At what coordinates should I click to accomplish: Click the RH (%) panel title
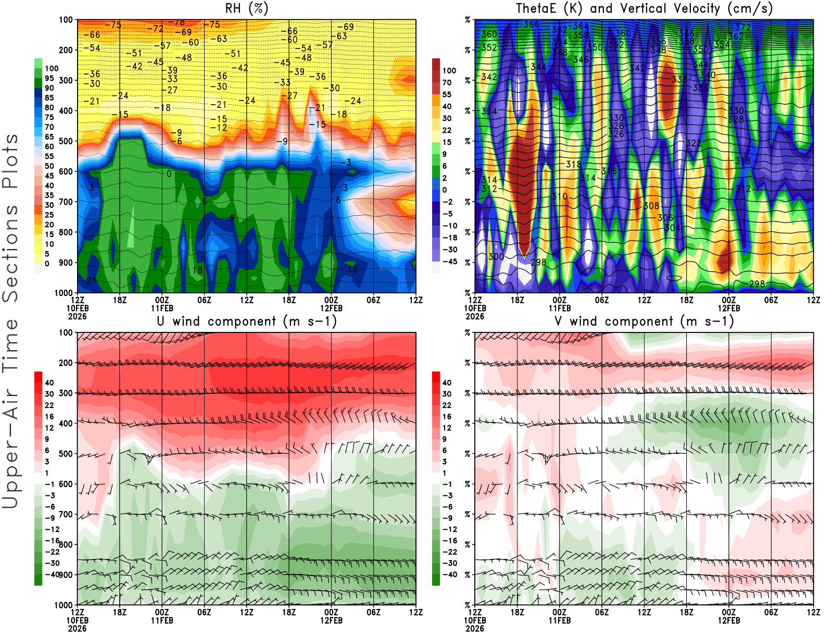tap(246, 9)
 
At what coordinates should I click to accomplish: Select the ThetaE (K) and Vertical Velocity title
tap(644, 9)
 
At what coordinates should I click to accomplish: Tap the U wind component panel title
tap(246, 321)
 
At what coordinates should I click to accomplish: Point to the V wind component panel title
tap(644, 321)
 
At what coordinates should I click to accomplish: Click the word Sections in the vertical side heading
tap(10, 253)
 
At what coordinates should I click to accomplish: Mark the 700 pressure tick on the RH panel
tap(66, 202)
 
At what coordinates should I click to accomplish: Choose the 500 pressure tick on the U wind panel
tap(66, 454)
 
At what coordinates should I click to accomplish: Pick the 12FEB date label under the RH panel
tap(331, 308)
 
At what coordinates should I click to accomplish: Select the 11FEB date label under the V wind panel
tap(560, 621)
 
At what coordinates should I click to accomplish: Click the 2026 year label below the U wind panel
tap(77, 628)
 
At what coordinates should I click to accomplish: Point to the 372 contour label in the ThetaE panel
tap(743, 28)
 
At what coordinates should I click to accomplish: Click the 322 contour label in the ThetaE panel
tap(693, 143)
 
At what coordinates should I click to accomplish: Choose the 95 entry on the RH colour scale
tap(49, 78)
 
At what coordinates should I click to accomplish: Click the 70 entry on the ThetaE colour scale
tap(447, 82)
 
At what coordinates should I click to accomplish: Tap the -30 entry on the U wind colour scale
tap(51, 563)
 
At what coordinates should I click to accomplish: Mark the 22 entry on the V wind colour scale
tap(447, 405)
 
